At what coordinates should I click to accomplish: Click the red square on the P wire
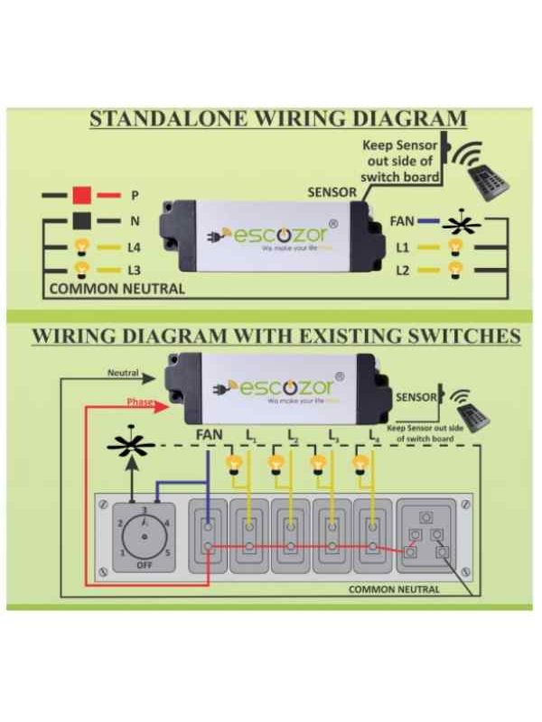[x=82, y=195]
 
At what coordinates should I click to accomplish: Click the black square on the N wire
[x=82, y=220]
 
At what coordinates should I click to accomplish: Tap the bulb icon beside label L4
[x=82, y=245]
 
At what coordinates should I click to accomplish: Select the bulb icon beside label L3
[x=82, y=269]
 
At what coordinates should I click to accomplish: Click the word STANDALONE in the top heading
[x=171, y=119]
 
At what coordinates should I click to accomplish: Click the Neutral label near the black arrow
[x=123, y=372]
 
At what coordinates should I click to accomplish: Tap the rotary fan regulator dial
[x=136, y=532]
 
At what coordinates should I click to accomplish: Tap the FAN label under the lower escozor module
[x=210, y=435]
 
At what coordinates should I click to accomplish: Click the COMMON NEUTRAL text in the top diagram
[x=117, y=290]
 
